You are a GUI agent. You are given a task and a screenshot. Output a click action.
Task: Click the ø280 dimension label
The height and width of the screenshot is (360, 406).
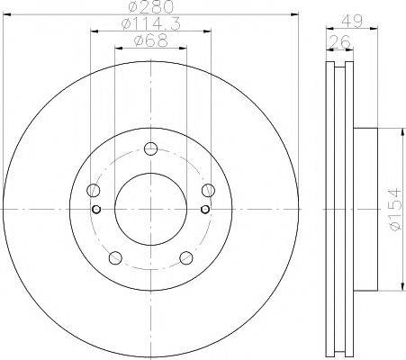coord(151,6)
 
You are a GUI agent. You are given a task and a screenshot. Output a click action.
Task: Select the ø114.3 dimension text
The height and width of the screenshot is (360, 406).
coord(151,23)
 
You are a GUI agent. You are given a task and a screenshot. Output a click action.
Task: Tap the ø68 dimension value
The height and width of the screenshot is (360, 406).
coord(151,40)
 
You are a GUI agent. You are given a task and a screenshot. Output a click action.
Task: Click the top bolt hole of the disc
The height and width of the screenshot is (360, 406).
coord(150,148)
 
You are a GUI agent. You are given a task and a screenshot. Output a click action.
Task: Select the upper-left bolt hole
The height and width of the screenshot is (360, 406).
coord(94,190)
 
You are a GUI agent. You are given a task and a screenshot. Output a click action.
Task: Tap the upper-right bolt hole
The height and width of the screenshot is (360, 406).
coord(208,190)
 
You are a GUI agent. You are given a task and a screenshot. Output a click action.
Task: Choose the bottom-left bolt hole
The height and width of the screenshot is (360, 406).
coord(115,257)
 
